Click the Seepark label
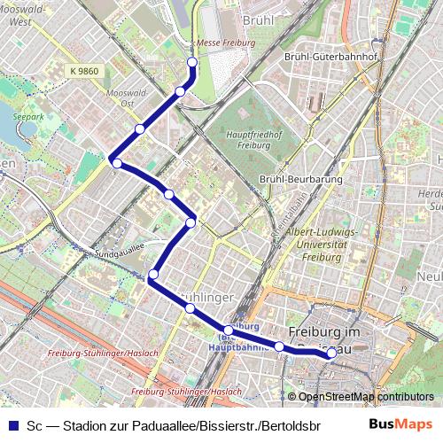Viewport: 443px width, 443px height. [x=27, y=116]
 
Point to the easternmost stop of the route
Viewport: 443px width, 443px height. [x=331, y=354]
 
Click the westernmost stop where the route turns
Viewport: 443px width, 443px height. [x=116, y=162]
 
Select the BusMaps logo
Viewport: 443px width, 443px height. [x=400, y=423]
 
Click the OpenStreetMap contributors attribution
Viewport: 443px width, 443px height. [x=365, y=397]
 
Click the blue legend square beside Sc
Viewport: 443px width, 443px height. [x=12, y=424]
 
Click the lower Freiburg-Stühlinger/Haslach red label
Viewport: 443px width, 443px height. [x=185, y=391]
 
